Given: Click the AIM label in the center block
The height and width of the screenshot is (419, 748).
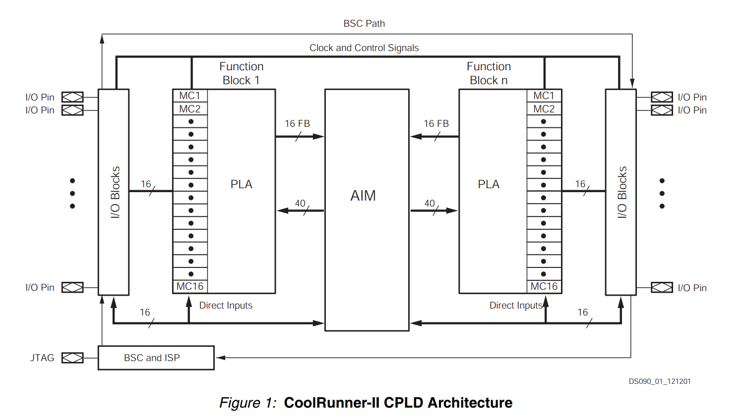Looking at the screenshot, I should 363,196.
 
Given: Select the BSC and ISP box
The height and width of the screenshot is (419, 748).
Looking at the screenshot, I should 156,358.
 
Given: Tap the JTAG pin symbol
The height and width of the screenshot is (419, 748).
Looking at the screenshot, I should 72,358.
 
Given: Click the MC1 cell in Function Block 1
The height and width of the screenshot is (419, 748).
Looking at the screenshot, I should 190,96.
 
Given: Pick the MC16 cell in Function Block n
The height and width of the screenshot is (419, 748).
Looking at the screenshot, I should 544,286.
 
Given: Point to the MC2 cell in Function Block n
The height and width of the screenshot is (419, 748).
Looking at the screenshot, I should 544,109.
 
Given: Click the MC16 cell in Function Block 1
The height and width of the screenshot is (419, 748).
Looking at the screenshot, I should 190,286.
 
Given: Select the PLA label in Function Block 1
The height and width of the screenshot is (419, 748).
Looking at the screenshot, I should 242,184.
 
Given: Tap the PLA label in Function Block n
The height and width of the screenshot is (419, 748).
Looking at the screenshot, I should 489,184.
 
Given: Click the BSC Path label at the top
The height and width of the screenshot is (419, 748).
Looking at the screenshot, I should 364,23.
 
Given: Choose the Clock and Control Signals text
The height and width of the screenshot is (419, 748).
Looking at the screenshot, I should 364,48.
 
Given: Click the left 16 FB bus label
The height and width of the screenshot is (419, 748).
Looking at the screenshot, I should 297,123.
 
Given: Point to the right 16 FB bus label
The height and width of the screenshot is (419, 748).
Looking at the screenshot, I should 436,123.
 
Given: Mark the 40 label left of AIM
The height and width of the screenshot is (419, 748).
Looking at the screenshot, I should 300,203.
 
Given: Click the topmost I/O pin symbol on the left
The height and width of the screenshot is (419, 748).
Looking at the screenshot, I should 72,97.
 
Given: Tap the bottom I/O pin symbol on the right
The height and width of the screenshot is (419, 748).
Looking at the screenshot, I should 662,287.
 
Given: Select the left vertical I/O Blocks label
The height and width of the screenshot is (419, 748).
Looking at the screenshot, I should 115,192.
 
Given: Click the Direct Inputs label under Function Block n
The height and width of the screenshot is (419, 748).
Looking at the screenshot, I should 516,306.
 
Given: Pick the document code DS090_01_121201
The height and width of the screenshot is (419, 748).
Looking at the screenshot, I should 660,381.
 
